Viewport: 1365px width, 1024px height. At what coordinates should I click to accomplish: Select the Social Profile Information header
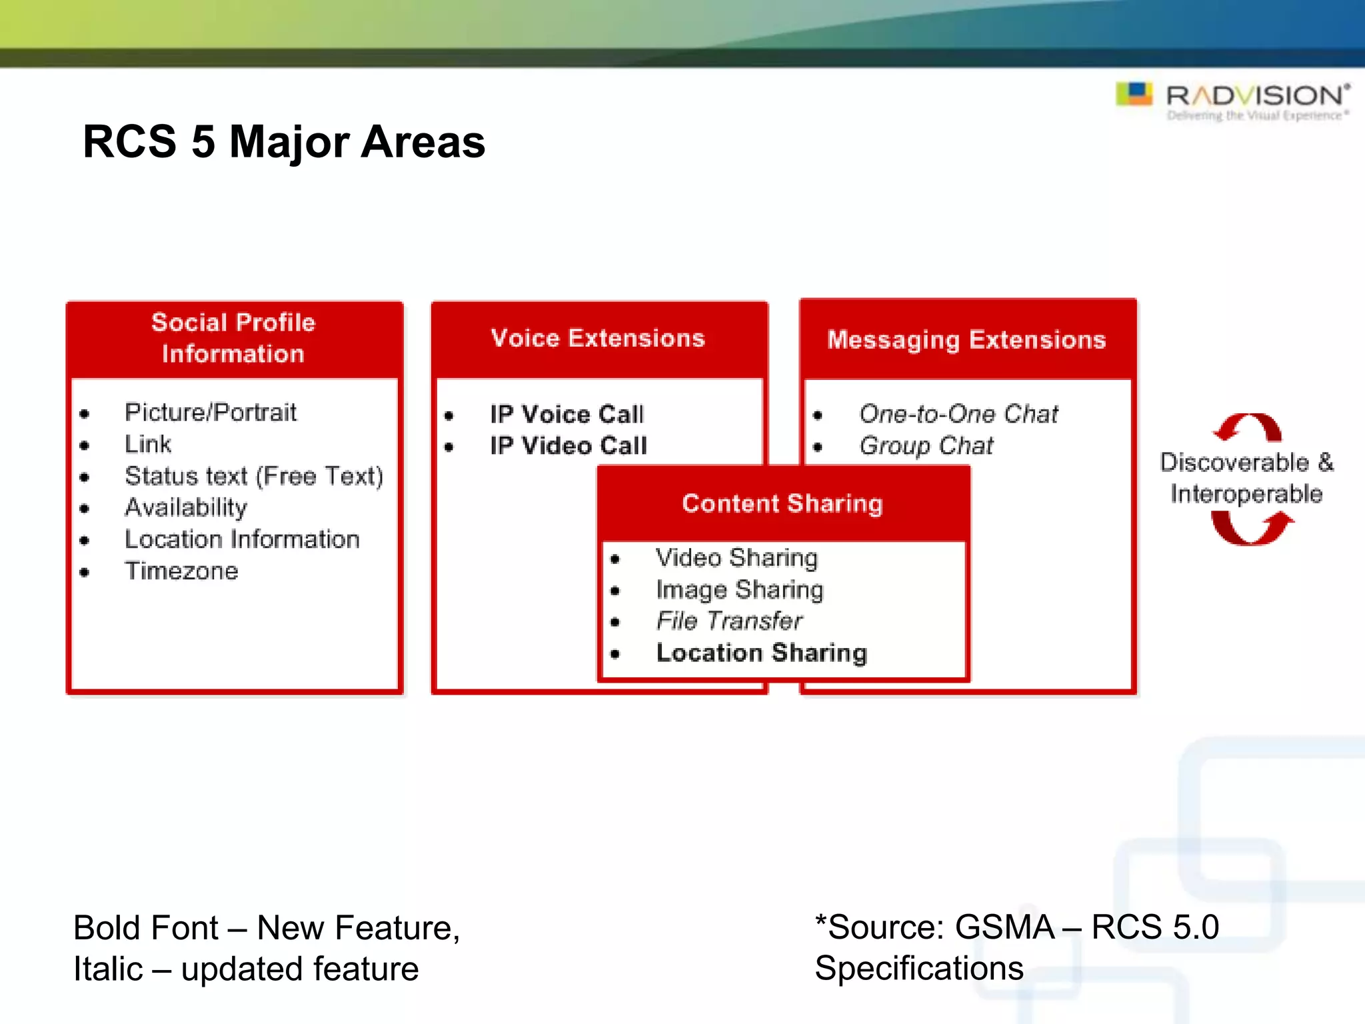(233, 338)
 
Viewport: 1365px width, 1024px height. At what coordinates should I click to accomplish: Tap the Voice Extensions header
(598, 338)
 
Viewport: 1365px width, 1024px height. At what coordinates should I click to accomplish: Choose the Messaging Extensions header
(966, 340)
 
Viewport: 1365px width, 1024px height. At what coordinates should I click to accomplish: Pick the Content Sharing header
(782, 503)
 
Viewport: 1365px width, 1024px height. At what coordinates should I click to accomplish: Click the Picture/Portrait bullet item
(211, 413)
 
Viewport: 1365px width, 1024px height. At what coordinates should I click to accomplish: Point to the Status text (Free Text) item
(254, 476)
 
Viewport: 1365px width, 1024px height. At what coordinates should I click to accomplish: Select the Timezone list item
(181, 571)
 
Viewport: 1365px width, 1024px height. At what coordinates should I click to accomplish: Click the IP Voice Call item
(567, 414)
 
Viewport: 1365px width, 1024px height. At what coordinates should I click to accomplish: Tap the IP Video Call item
(569, 445)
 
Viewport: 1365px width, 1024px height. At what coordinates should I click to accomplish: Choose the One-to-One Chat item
(958, 414)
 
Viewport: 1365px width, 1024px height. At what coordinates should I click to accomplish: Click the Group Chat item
(926, 445)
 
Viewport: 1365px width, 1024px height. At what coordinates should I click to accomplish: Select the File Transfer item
(729, 621)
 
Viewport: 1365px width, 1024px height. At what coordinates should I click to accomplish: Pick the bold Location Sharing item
(762, 653)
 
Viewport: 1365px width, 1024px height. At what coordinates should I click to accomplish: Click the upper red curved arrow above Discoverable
(1248, 427)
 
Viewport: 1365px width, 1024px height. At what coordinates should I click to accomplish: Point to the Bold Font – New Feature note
(267, 928)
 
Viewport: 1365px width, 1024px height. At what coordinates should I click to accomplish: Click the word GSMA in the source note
(1004, 927)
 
